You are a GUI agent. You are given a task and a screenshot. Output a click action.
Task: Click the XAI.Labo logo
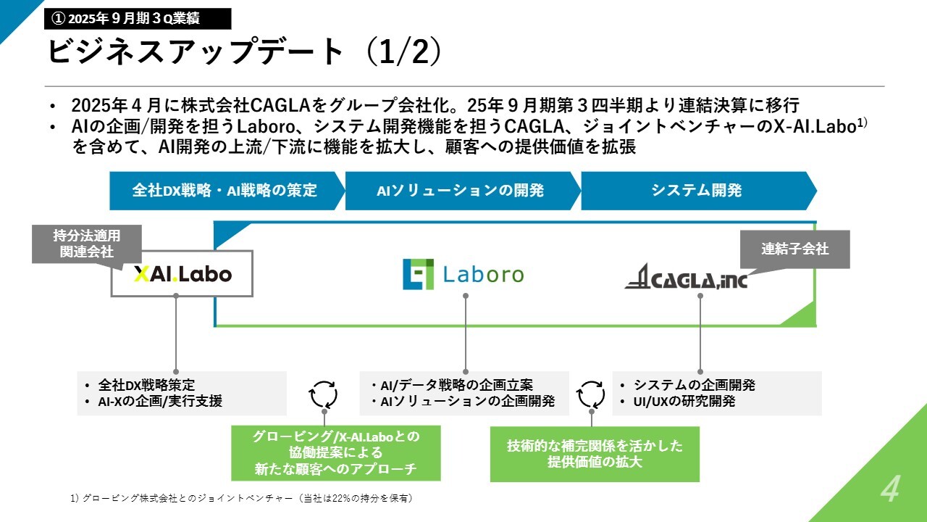[x=183, y=274]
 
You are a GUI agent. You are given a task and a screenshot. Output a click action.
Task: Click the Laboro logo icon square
[x=419, y=274]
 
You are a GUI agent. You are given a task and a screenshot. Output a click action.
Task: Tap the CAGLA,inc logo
[x=686, y=276]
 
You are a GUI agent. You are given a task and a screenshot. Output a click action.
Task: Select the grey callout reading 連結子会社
[x=794, y=249]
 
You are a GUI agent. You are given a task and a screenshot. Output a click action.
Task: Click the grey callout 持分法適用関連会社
[x=87, y=244]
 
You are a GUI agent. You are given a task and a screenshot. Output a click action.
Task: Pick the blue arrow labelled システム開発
[x=699, y=191]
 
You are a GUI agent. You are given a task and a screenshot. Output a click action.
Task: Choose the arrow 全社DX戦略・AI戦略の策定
[x=227, y=191]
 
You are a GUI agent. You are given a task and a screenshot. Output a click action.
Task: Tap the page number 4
[x=890, y=489]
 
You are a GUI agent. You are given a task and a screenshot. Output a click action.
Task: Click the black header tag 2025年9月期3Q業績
[x=138, y=19]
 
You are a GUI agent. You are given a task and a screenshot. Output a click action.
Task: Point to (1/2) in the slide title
[x=403, y=51]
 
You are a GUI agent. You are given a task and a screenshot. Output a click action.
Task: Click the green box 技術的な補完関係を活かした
[x=595, y=454]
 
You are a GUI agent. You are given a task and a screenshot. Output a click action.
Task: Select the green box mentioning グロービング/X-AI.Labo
[x=335, y=453]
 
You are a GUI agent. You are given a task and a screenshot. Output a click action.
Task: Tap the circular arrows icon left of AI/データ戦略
[x=323, y=395]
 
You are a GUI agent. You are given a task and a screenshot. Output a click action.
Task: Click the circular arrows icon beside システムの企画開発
[x=591, y=395]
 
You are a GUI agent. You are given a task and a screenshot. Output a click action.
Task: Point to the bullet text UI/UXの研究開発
[x=684, y=402]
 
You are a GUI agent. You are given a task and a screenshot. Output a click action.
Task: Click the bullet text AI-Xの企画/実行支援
[x=160, y=402]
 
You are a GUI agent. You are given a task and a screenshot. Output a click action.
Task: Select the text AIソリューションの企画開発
[x=468, y=402]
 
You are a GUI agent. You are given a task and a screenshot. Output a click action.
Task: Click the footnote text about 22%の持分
[x=242, y=498]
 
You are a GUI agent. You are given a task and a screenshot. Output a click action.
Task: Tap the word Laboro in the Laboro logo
[x=484, y=275]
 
